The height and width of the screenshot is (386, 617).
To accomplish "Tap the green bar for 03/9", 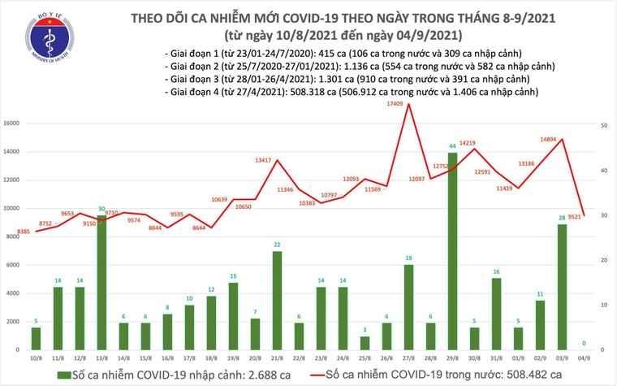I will [562, 284].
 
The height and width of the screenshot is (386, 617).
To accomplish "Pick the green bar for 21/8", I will [277, 298].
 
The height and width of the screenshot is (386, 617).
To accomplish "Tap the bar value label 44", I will [452, 147].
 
